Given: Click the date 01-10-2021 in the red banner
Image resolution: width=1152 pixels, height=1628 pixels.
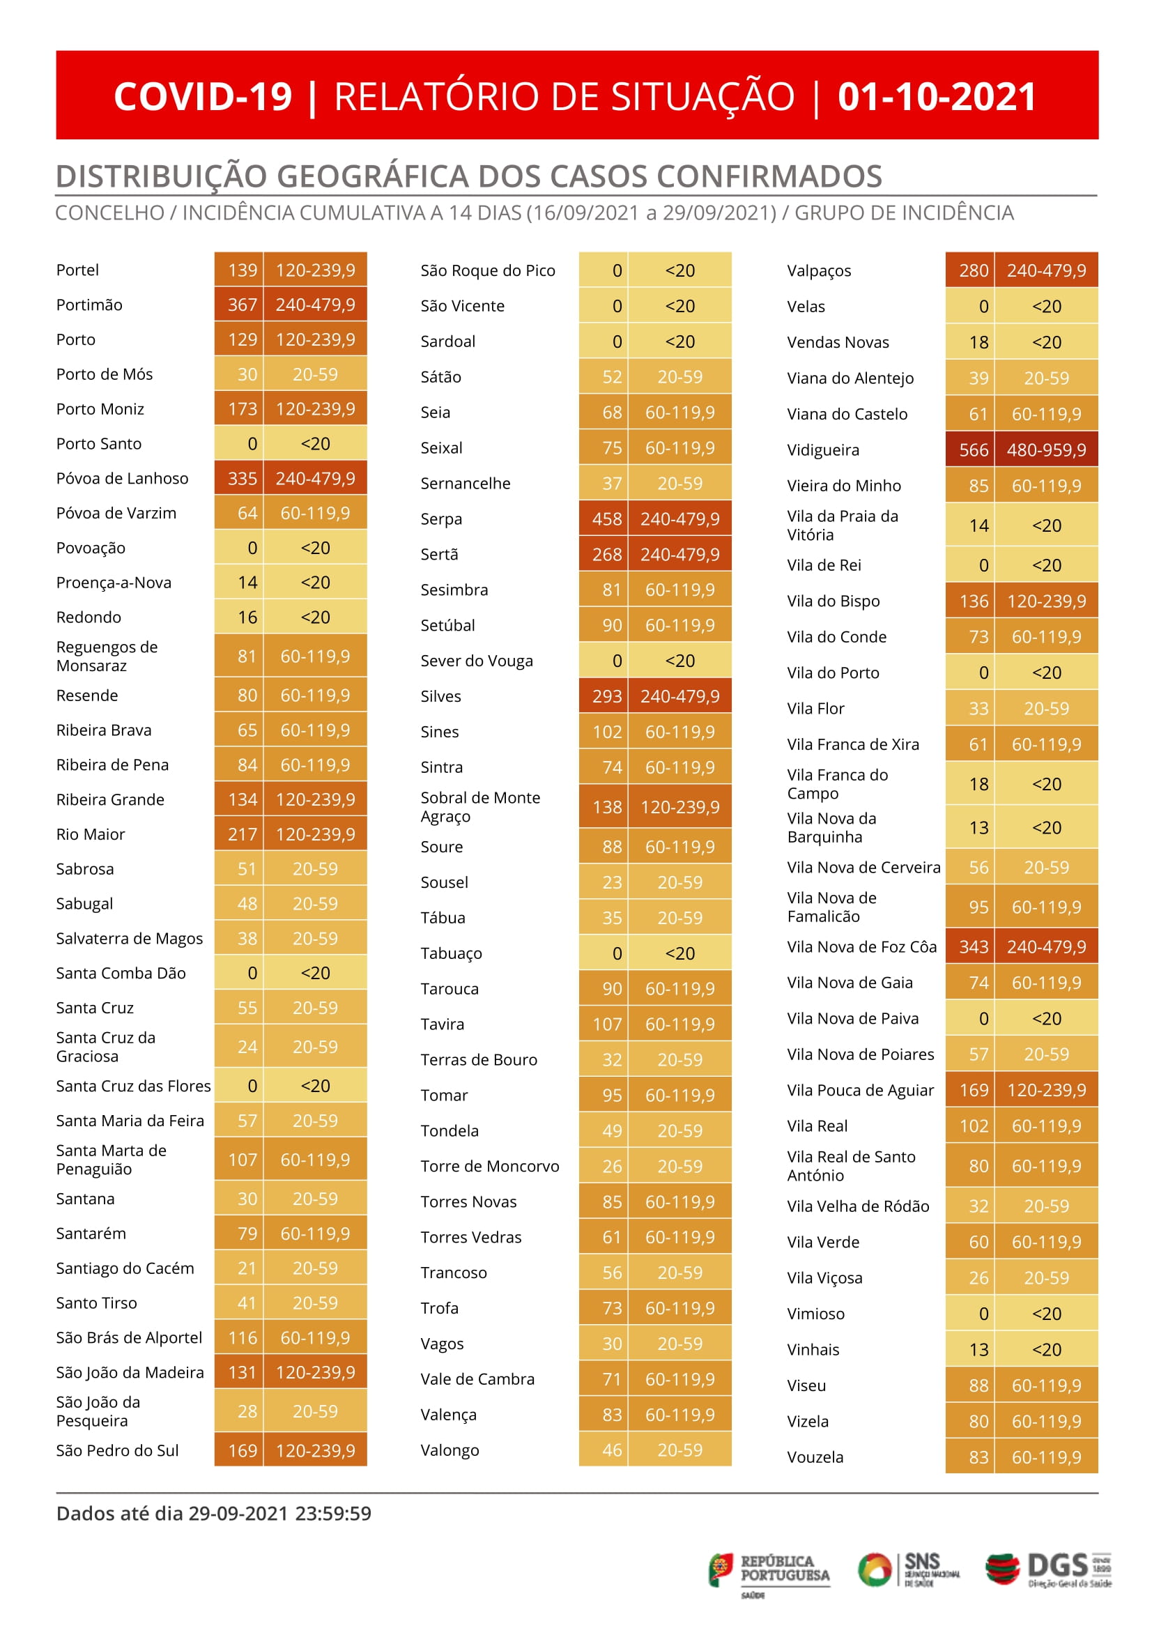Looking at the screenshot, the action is tap(937, 96).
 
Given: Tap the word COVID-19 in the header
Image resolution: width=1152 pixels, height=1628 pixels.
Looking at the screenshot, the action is tap(203, 96).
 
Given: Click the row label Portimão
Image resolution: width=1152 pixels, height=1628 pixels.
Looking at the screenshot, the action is tap(89, 305).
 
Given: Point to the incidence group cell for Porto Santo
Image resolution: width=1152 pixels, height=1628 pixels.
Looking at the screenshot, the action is tap(316, 444).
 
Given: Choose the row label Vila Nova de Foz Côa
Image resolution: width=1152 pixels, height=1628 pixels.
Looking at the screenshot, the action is tap(862, 947).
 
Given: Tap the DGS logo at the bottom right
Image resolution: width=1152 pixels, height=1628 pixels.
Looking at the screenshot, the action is tap(1048, 1570).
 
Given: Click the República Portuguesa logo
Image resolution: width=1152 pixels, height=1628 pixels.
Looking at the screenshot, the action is tap(769, 1573).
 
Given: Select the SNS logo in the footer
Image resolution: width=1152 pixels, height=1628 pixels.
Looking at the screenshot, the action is tap(909, 1569).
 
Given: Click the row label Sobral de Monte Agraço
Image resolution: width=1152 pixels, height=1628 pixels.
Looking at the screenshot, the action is tap(480, 807).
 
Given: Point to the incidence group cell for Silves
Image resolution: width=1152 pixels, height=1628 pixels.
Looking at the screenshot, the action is tap(680, 697).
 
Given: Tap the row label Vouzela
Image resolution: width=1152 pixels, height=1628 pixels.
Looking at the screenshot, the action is tap(815, 1457).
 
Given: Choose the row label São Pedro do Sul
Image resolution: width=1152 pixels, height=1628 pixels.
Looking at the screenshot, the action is tap(117, 1451).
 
